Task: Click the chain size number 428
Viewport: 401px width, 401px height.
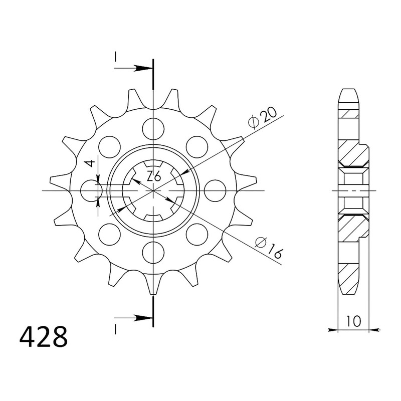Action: click(44, 336)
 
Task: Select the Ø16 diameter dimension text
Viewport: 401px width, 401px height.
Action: click(269, 247)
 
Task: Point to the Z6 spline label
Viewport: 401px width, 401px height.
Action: click(154, 176)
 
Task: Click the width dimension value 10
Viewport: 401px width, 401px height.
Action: click(354, 321)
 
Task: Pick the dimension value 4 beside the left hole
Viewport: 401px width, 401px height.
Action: click(90, 163)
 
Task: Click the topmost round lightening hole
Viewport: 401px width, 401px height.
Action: click(153, 129)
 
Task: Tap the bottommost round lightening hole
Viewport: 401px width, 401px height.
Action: click(153, 252)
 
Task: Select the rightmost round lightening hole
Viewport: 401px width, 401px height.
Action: click(215, 190)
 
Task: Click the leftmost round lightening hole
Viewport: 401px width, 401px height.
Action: click(91, 190)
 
